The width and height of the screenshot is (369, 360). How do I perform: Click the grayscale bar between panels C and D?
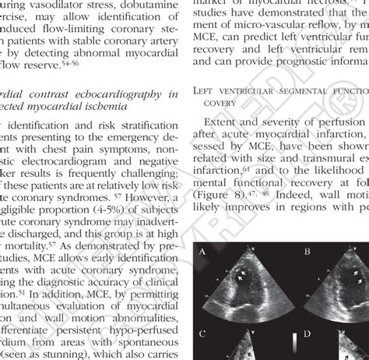[x=293, y=344]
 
